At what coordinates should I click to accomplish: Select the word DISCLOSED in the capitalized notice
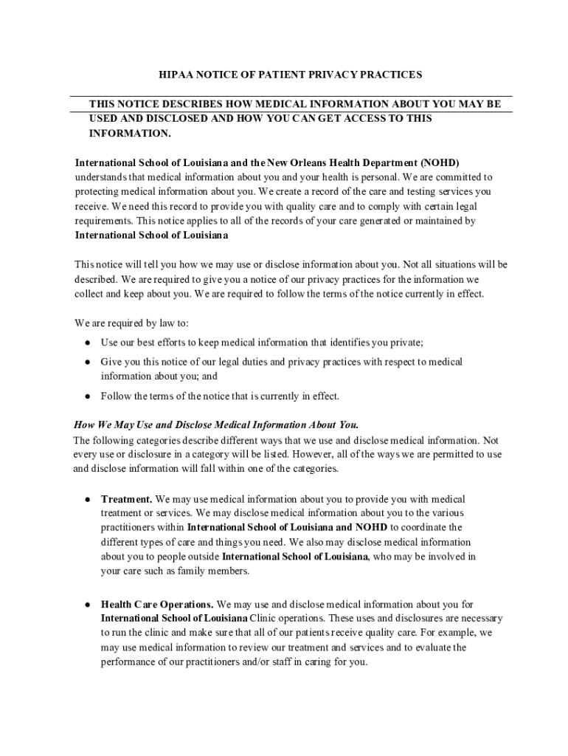(x=160, y=118)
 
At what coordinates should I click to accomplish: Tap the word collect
(x=91, y=294)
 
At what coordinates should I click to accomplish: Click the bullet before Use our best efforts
(x=87, y=343)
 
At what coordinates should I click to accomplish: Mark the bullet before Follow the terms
(x=87, y=396)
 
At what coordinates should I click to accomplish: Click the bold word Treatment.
(x=127, y=499)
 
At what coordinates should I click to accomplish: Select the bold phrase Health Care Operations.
(x=157, y=604)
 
